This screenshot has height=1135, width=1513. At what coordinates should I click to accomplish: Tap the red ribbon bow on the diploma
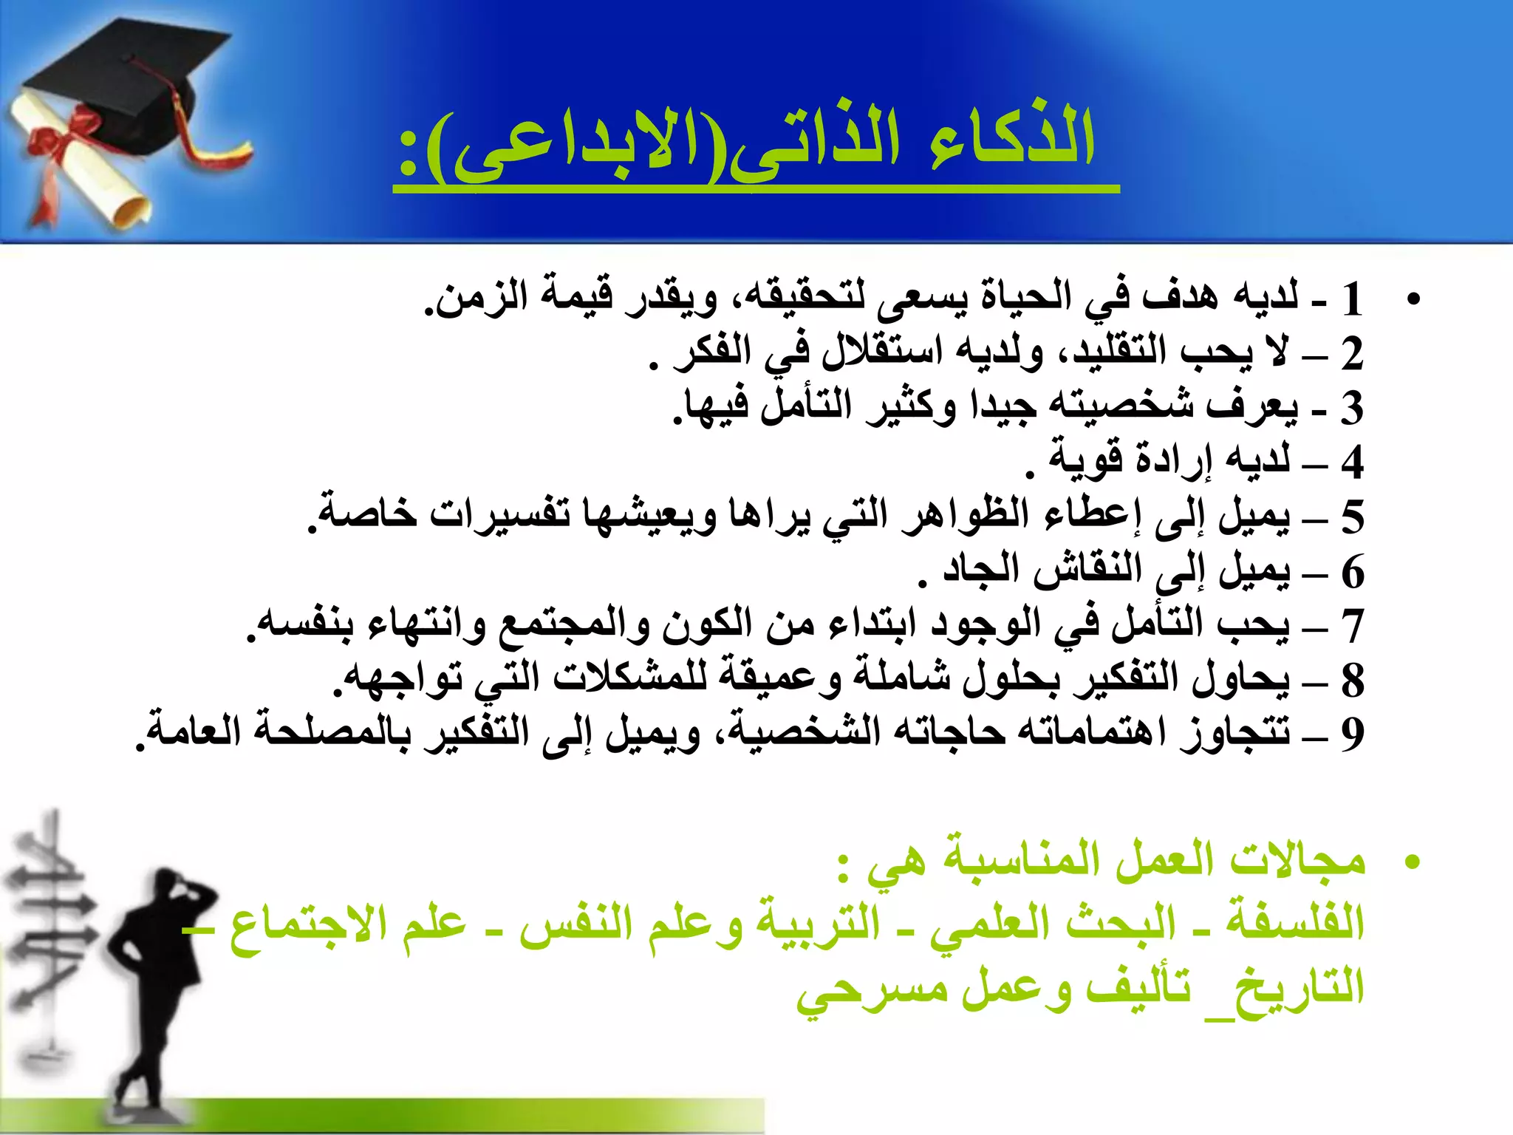[x=70, y=137]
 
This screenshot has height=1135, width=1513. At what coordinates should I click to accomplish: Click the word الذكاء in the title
[x=1012, y=140]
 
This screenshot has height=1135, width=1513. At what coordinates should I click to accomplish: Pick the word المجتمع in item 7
[x=569, y=624]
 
